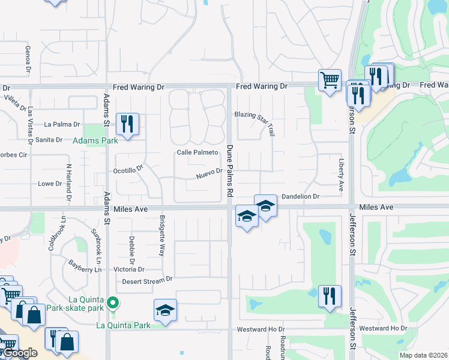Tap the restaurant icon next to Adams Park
(x=127, y=124)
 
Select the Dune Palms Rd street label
(x=229, y=170)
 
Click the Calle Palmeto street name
(x=197, y=152)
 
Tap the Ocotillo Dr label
(x=128, y=171)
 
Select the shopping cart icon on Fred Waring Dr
(x=330, y=79)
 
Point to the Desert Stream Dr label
(x=147, y=280)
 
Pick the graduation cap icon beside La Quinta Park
(x=165, y=310)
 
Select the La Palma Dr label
(x=62, y=125)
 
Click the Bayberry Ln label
(x=83, y=265)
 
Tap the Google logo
(x=20, y=353)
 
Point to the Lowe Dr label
(x=50, y=184)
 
